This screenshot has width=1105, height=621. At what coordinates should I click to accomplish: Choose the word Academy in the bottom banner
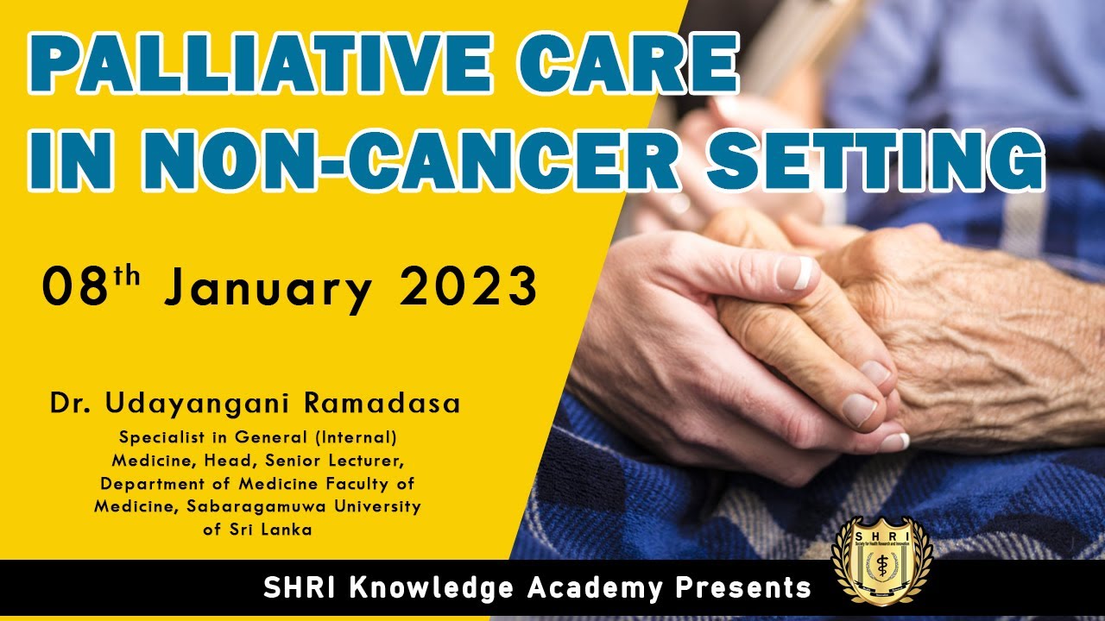pos(596,589)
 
